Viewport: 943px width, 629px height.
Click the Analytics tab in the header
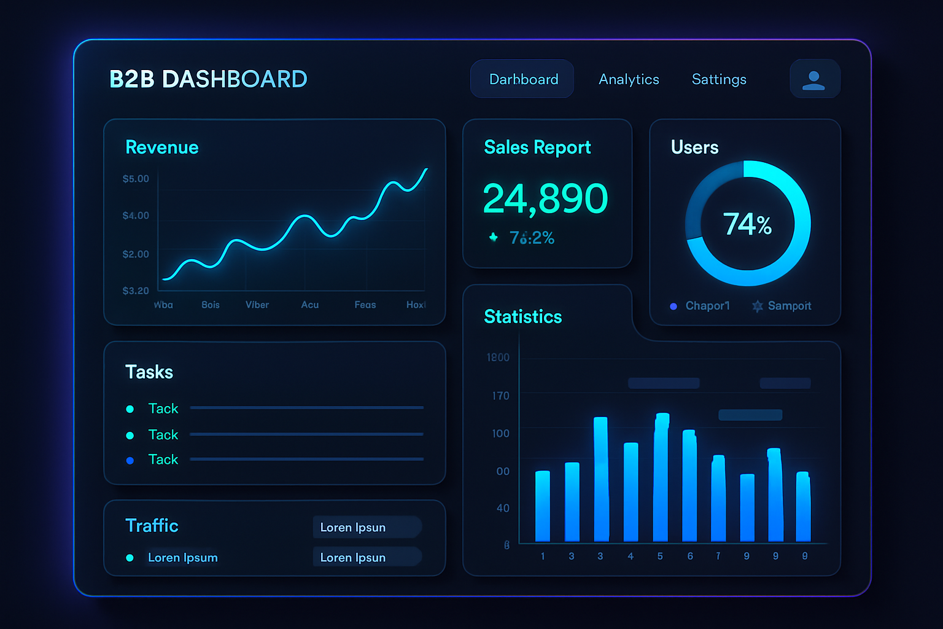coord(629,79)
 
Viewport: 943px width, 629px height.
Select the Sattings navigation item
coord(719,79)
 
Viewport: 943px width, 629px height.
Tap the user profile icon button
coord(814,79)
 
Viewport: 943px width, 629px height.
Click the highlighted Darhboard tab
coord(523,79)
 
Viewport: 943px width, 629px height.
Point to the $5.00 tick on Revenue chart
coord(136,179)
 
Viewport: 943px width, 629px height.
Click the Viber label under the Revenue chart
coord(257,305)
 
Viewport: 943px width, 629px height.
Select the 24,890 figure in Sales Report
coord(545,198)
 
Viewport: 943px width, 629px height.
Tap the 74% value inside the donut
coord(747,224)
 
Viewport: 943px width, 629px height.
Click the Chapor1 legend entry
coord(707,306)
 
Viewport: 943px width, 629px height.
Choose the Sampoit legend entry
coord(789,306)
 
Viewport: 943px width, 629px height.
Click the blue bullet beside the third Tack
coord(130,460)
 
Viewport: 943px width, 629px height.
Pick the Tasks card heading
coord(149,372)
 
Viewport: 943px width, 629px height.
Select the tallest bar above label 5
coord(661,477)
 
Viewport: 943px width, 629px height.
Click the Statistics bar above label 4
coord(631,491)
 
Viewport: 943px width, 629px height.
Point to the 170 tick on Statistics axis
coord(500,396)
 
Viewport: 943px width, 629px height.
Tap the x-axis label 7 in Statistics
coord(718,556)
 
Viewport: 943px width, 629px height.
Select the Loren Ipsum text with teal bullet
coord(182,558)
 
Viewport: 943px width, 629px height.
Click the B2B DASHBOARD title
coord(208,79)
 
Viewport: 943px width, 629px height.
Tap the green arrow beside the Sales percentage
coord(493,237)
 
